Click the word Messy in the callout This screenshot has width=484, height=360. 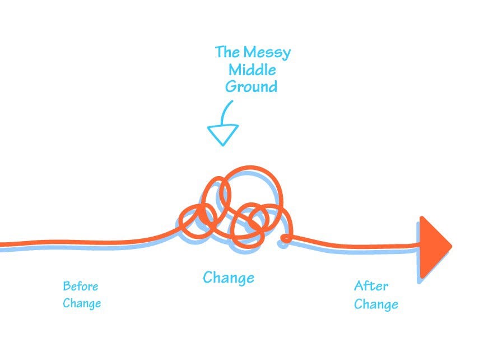coord(267,53)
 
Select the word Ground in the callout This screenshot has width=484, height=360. coord(251,87)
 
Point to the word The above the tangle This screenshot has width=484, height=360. coord(227,53)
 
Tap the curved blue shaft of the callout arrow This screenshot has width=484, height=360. coord(226,112)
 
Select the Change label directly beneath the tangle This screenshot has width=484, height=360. coord(229,278)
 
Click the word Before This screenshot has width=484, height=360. coord(80,287)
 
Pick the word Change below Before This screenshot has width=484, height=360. coord(82,304)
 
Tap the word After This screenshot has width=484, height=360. coord(371,286)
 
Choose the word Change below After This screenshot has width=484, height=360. coord(376,304)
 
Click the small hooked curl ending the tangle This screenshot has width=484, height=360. coord(286,239)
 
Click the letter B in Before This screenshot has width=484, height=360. coord(66,287)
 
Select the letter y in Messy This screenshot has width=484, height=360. coord(286,54)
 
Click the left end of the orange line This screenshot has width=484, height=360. coord(2,244)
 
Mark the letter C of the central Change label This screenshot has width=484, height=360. coord(208,278)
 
